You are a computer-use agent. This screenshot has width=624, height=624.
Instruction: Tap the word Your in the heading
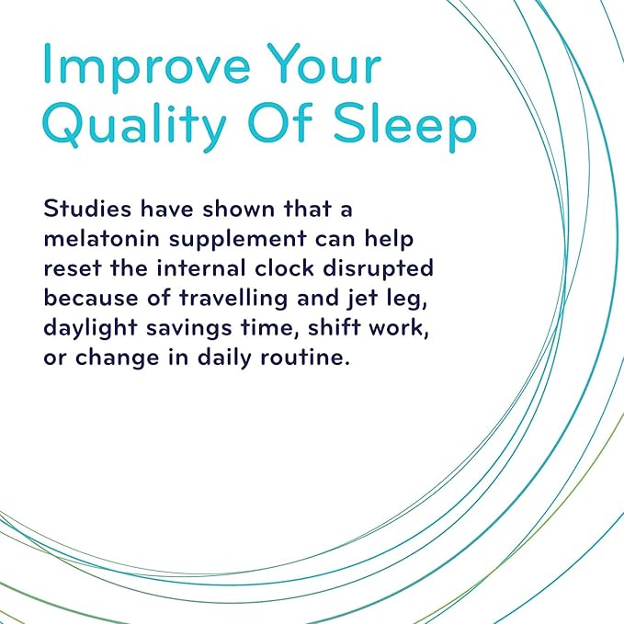[323, 63]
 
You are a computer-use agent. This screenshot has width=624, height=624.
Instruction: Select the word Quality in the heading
[134, 126]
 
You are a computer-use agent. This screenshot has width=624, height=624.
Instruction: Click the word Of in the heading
[280, 122]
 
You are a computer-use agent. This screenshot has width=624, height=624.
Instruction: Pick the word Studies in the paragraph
[87, 208]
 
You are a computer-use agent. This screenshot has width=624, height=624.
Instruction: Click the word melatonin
[101, 238]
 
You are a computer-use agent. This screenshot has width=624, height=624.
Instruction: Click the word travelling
[233, 300]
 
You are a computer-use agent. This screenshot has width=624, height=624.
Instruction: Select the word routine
[305, 357]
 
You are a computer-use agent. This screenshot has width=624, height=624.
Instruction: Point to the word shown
[238, 208]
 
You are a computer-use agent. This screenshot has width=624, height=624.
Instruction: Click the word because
[91, 298]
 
